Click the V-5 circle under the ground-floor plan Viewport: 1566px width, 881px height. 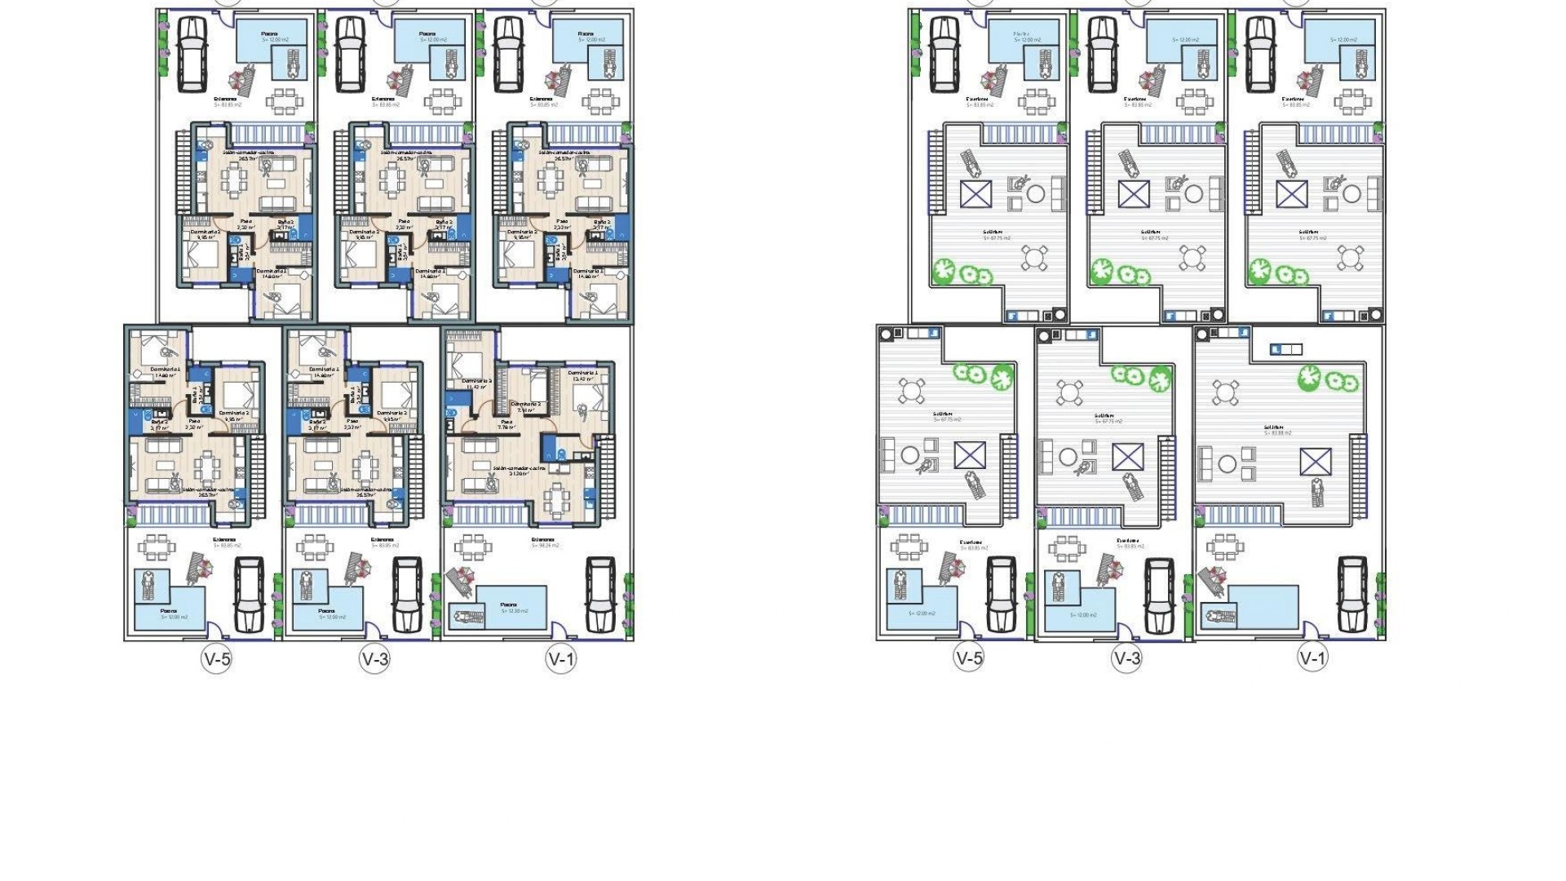(216, 659)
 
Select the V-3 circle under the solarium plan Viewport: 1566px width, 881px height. (1126, 659)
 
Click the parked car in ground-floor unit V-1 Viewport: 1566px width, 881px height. (599, 595)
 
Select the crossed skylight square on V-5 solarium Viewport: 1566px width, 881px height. (970, 455)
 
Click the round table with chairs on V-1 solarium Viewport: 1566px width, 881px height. (1225, 392)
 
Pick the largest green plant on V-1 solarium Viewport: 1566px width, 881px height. (1309, 377)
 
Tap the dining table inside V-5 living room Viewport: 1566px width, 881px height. (207, 468)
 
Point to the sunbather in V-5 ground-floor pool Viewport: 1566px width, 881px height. (148, 586)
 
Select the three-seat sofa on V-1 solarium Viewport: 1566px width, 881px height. (1205, 464)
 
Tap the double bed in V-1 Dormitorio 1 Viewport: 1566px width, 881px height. (589, 400)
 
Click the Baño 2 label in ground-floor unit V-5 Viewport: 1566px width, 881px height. (160, 423)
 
